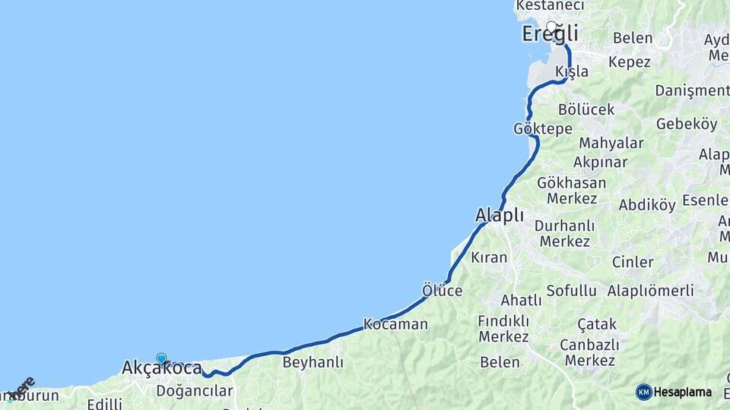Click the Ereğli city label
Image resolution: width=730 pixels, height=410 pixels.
(550, 34)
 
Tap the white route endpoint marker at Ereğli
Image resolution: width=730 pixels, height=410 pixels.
(551, 27)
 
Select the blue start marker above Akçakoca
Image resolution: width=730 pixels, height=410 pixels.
(161, 358)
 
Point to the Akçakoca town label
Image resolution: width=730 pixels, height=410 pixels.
(161, 369)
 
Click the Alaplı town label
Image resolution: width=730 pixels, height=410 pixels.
(500, 216)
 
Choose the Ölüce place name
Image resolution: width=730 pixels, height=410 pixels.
(442, 290)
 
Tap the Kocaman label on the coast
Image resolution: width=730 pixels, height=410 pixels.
(395, 324)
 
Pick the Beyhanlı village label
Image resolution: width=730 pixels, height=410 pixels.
(313, 363)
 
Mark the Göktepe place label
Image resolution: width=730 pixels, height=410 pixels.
(542, 128)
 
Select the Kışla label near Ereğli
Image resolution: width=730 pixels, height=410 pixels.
(572, 71)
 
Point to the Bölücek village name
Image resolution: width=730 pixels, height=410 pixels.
(586, 109)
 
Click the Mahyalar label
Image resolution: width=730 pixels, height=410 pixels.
(611, 143)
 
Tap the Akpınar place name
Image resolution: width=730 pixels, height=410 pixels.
(601, 162)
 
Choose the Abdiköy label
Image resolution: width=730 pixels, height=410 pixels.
(647, 205)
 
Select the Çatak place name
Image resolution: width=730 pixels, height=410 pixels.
(597, 325)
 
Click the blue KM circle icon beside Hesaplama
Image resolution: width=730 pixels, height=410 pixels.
(644, 392)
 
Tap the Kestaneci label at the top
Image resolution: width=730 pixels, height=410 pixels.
(550, 6)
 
